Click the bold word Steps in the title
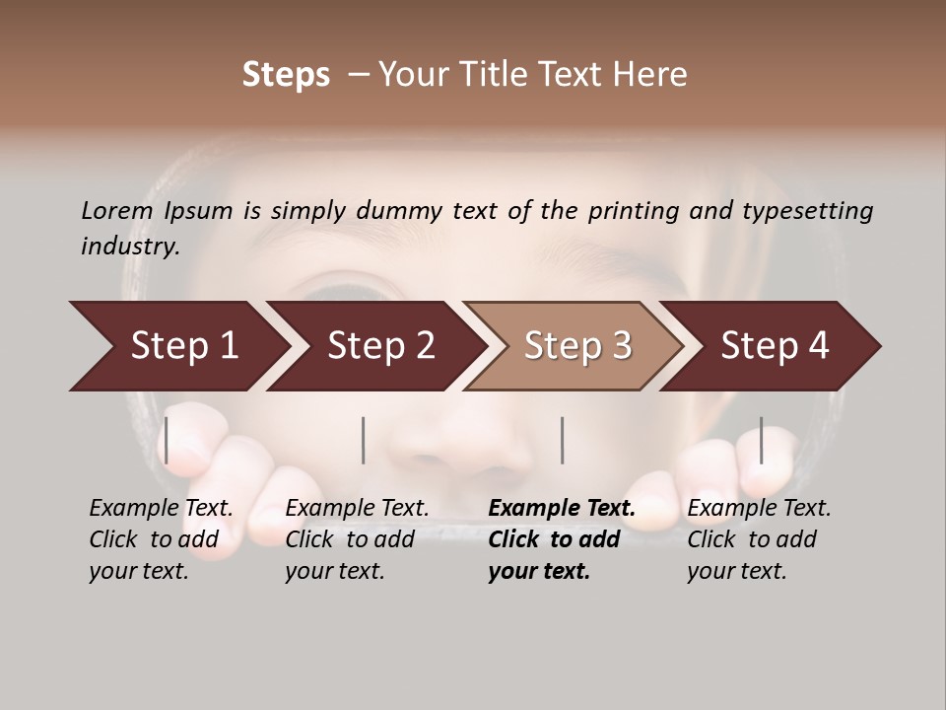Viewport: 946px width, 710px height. [x=286, y=75]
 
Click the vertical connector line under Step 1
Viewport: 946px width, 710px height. [x=167, y=440]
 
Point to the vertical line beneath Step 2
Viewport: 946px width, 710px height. [x=364, y=440]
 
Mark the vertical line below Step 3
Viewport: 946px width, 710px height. [x=563, y=440]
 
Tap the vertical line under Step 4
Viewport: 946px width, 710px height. [x=762, y=440]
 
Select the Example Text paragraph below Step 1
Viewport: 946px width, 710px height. [x=161, y=539]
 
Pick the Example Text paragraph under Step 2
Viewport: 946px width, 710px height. [x=357, y=539]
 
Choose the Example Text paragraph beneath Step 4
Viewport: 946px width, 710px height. [x=759, y=539]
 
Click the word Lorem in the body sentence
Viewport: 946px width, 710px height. [x=117, y=210]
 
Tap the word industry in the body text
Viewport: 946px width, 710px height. [x=129, y=246]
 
